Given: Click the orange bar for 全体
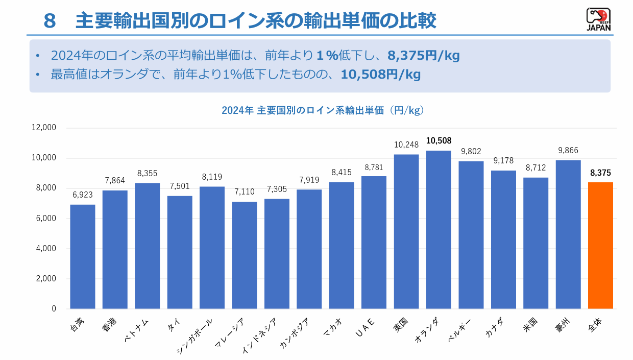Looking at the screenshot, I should coord(600,246).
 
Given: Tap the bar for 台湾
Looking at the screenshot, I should coord(83,257).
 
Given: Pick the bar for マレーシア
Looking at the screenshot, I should coord(245,255).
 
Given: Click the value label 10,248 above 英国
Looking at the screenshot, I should coord(406,145).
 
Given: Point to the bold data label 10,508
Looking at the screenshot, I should coord(439,140).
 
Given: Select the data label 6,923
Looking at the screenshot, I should coord(83,195).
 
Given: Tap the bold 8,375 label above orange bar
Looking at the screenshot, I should coord(600,173).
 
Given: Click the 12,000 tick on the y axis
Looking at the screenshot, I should coord(44,128).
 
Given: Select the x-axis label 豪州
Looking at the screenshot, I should coord(565,323).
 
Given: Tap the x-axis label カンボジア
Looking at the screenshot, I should coord(294,333).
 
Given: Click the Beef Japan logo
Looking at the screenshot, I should coord(598,20).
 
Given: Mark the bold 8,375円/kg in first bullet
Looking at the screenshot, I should coord(424,55).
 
